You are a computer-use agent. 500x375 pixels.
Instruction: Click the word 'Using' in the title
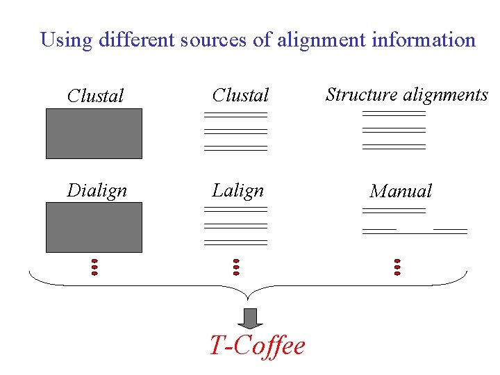point(67,40)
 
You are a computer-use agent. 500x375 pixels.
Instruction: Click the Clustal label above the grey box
point(95,96)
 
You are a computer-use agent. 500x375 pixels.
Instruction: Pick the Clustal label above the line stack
point(240,94)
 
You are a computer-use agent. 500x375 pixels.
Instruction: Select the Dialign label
point(97,190)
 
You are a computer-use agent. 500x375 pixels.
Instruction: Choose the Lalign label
point(238,190)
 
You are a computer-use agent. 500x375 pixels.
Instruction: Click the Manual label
point(401,191)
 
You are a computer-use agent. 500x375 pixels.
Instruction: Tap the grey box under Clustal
point(94,133)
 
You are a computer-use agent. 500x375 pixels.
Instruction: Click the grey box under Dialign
point(94,227)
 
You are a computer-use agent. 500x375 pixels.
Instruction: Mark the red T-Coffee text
point(257,345)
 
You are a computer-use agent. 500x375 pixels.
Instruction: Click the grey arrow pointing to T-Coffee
point(251,317)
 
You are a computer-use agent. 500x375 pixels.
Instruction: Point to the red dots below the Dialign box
point(94,267)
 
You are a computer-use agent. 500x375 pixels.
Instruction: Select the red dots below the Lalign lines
point(236,267)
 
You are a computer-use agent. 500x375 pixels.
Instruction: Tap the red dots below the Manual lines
point(397,267)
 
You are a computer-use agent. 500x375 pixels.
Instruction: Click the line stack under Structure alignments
point(394,130)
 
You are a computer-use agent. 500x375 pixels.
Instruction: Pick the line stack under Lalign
point(235,226)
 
